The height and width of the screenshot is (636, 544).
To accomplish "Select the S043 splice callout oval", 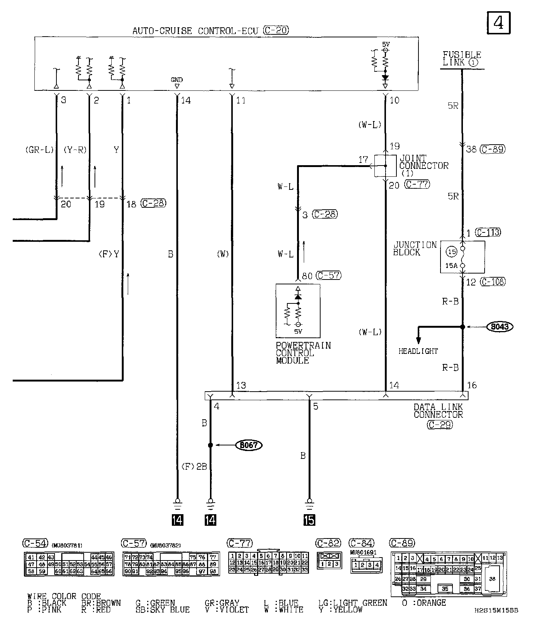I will pyautogui.click(x=500, y=327).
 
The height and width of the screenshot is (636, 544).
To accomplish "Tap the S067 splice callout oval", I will pyautogui.click(x=248, y=445).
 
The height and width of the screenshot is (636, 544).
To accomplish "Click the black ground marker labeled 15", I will pyautogui.click(x=309, y=520).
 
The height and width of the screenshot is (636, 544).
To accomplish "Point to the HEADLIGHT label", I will pyautogui.click(x=418, y=351).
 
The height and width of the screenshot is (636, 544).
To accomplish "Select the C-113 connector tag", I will pyautogui.click(x=488, y=232).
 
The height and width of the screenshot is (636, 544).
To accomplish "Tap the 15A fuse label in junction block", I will pyautogui.click(x=451, y=266).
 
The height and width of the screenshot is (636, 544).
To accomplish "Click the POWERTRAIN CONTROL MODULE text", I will pyautogui.click(x=303, y=353).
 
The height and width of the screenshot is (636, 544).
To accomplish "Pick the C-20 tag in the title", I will pyautogui.click(x=276, y=30).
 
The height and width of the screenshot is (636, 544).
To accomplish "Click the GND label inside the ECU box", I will pyautogui.click(x=177, y=80).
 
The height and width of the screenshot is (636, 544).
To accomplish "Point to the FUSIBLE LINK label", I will pyautogui.click(x=462, y=59).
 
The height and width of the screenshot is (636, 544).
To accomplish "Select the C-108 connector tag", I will pyautogui.click(x=493, y=282).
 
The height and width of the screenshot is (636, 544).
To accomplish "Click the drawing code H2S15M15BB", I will pyautogui.click(x=496, y=611).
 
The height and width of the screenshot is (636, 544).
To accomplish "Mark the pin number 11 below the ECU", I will pyautogui.click(x=241, y=100).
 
